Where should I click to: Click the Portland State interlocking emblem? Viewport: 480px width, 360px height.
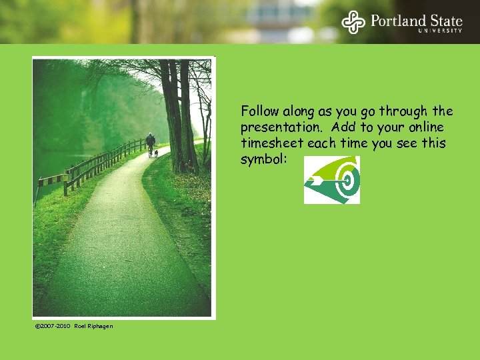[x=354, y=21]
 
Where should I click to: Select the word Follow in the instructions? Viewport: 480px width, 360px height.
[x=257, y=111]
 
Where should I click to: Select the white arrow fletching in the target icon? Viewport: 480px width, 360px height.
[x=313, y=180]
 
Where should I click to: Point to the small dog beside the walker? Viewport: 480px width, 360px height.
[x=155, y=153]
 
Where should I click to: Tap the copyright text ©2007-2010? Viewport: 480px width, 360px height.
[x=53, y=326]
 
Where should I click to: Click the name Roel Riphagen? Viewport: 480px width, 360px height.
[x=94, y=326]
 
